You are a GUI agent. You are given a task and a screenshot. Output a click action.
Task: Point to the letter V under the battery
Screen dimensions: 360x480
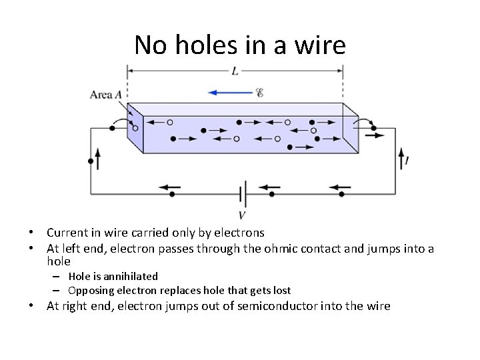[x=241, y=215]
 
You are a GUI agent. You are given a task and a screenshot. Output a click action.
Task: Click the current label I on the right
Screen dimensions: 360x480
[x=407, y=161]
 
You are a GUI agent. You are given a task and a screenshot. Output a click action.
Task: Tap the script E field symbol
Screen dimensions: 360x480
[x=260, y=93]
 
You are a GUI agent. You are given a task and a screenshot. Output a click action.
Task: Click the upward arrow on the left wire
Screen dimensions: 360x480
[x=98, y=159]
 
